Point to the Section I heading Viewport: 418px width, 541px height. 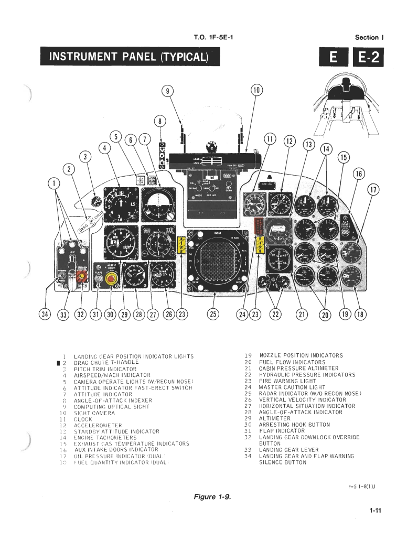[x=370, y=37]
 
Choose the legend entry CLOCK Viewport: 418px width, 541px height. [x=83, y=419]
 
